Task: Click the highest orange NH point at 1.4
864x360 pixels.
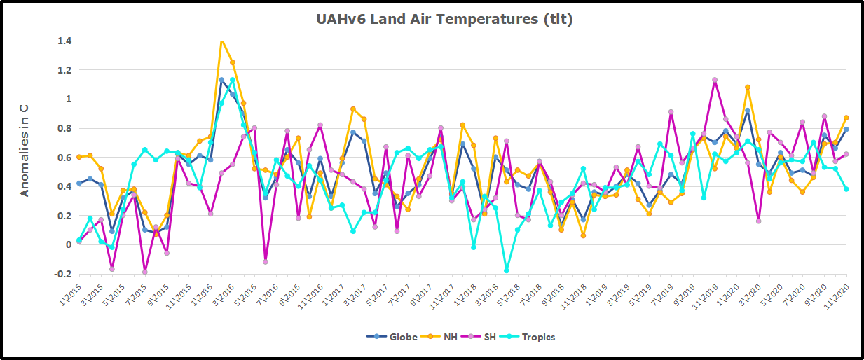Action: [x=221, y=41]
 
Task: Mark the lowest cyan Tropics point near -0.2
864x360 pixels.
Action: [x=506, y=270]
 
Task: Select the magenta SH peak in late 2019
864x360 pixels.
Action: [x=715, y=80]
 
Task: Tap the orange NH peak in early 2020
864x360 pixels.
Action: [x=748, y=88]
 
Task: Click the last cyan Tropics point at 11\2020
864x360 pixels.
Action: [x=846, y=189]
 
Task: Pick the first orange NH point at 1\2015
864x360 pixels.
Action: [x=79, y=157]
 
